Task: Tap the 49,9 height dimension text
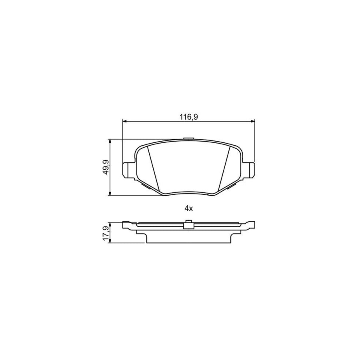(105, 168)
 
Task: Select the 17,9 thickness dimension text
(105, 233)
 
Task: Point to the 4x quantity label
(188, 208)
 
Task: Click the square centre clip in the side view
(188, 226)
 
